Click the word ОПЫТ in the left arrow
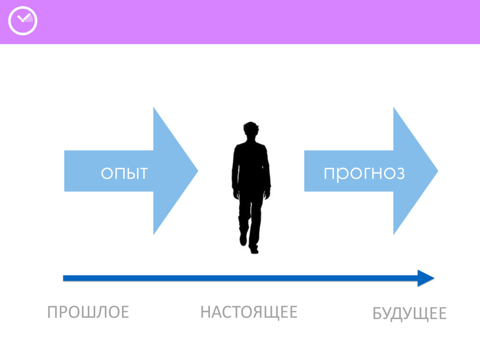(x=124, y=173)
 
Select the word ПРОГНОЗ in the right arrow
(x=364, y=173)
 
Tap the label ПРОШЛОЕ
(x=88, y=312)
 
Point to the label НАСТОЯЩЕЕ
(x=248, y=312)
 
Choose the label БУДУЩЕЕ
(x=409, y=314)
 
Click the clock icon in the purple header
(x=22, y=21)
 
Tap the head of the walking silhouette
(x=251, y=130)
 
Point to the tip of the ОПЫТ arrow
(x=196, y=171)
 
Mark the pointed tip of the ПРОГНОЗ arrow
(x=436, y=171)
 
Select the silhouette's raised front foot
(x=243, y=239)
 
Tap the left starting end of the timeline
(x=65, y=278)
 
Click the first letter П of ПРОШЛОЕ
(x=52, y=312)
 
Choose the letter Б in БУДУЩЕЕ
(x=377, y=314)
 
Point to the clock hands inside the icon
(x=23, y=19)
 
